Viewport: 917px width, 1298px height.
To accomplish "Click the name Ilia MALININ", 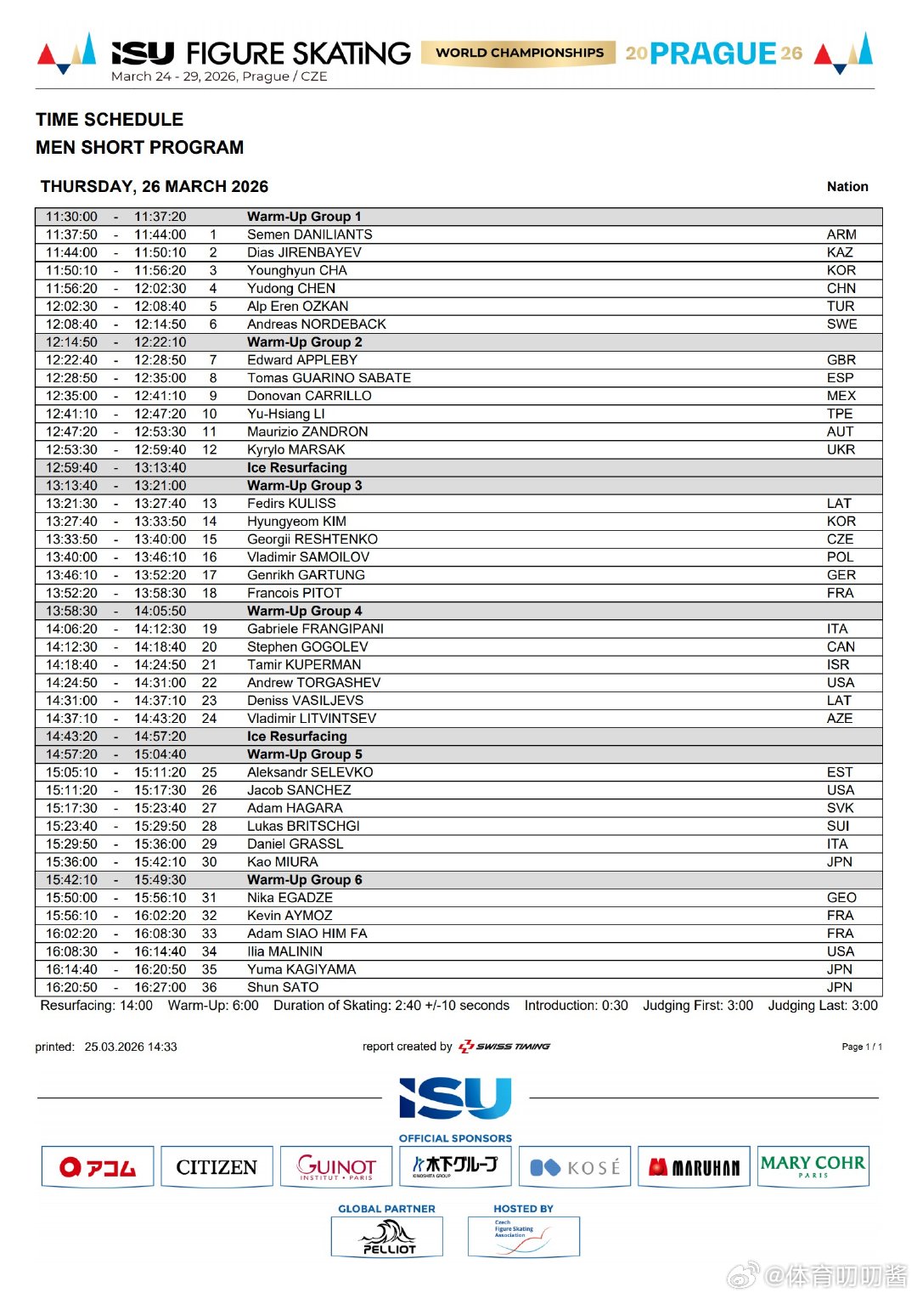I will coord(284,951).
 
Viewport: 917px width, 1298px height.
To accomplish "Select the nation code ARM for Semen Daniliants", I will coord(841,234).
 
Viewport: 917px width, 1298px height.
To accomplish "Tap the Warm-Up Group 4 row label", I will coord(304,611).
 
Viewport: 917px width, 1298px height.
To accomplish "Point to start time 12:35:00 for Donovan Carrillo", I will coord(71,396).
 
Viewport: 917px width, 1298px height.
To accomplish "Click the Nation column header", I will coord(847,187).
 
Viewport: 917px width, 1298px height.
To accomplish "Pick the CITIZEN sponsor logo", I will coord(217,1167).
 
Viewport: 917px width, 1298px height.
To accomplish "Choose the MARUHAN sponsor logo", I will coord(694,1167).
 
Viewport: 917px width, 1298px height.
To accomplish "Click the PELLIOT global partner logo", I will coord(387,1237).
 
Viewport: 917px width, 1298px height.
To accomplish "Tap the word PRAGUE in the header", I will coord(713,54).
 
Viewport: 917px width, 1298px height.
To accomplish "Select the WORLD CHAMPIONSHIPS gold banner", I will coord(519,53).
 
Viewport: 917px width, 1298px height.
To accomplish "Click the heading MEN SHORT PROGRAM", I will coord(140,148).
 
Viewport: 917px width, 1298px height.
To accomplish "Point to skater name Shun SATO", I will coord(283,987).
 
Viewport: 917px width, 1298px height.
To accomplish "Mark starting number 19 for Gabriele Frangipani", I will coord(210,629).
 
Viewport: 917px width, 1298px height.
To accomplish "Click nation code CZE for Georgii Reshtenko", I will coord(840,539).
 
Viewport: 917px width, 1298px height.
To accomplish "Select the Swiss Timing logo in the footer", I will coord(504,1047).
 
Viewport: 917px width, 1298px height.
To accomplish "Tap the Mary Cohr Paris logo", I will coord(813,1165).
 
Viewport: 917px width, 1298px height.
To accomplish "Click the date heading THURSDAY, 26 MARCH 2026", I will coord(155,187).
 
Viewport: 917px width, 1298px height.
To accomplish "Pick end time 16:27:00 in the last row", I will coord(160,987).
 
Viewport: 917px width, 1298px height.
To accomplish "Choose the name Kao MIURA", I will coord(283,861).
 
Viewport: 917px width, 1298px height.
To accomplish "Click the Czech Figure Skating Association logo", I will coord(523,1237).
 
